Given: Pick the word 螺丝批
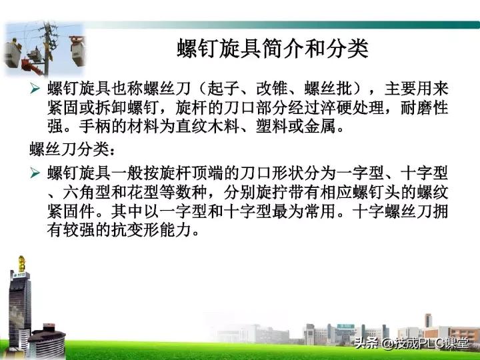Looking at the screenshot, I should coord(326,89).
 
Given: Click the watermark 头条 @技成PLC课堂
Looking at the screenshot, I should coord(411,344).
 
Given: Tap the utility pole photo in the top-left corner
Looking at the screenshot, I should coord(43,48).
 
